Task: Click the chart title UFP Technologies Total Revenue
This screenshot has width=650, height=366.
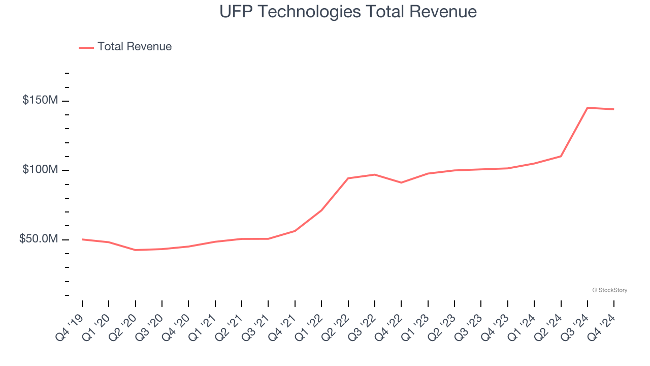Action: click(348, 12)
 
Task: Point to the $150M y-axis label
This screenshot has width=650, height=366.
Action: click(40, 100)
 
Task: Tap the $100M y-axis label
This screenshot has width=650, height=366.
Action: click(40, 169)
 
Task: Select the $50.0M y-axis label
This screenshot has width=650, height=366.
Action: click(39, 239)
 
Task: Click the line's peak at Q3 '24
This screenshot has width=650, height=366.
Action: click(588, 108)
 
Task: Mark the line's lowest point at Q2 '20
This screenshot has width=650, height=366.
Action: click(136, 250)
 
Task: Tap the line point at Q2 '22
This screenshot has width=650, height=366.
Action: click(348, 178)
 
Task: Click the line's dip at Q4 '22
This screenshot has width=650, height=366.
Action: click(401, 182)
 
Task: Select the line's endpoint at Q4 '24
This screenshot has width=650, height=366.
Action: click(614, 109)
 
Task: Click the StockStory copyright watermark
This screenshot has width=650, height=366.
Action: click(609, 290)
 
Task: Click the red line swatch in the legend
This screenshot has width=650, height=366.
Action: click(86, 47)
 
